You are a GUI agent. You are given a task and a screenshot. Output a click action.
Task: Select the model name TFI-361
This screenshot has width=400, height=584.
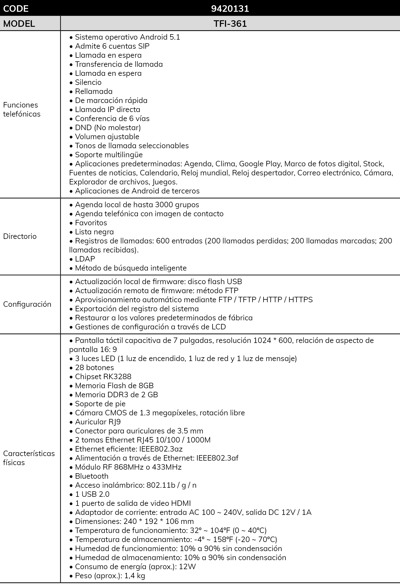pos(230,24)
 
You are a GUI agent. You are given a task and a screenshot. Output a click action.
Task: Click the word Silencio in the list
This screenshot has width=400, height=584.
pos(88,82)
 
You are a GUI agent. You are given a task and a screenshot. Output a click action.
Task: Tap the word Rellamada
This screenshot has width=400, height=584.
pos(94,91)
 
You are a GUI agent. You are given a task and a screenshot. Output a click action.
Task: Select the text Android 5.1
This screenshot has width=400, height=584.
pos(160,37)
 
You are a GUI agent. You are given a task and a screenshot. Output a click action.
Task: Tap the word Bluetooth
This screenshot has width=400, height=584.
pos(92,476)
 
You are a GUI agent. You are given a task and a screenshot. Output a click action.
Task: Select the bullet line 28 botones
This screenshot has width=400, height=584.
pos(94,367)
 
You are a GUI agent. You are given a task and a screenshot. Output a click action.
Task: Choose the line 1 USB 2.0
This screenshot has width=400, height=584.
pos(92,494)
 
